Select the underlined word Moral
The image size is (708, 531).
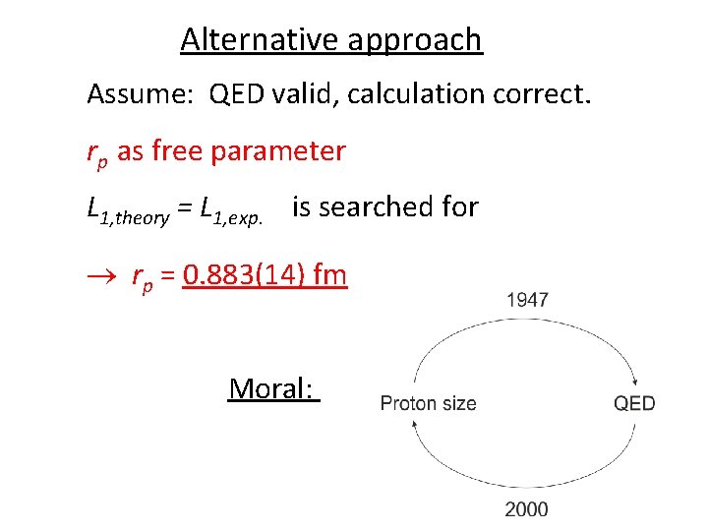click(x=273, y=388)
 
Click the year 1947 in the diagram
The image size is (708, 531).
click(x=527, y=300)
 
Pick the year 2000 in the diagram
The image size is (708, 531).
click(x=527, y=508)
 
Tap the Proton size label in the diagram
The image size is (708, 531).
click(x=428, y=402)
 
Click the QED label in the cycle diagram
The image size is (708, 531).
click(x=634, y=402)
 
